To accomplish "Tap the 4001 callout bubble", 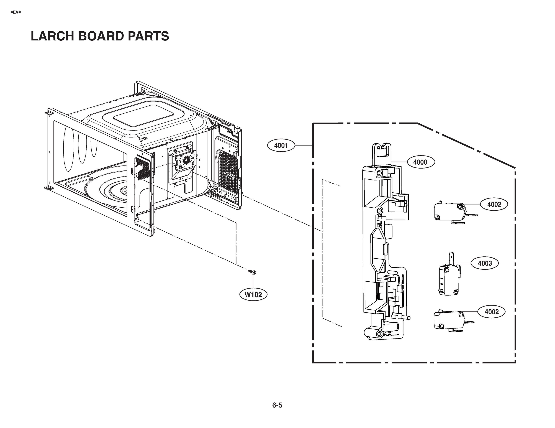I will (x=281, y=146).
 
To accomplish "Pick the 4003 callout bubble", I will (x=485, y=263).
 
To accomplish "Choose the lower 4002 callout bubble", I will (x=492, y=312).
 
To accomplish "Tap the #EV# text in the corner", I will (x=16, y=12).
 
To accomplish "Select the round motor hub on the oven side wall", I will (x=186, y=160).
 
